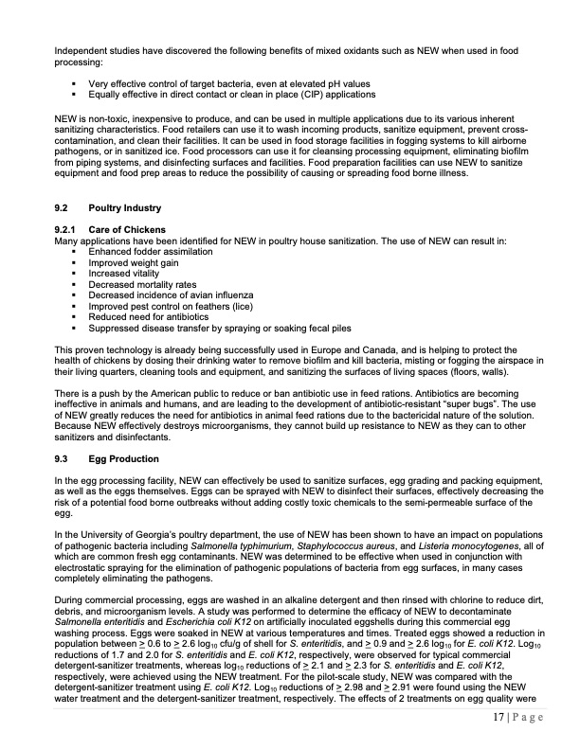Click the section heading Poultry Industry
pyautogui.click(x=124, y=208)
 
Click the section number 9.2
pyautogui.click(x=63, y=208)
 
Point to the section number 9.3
pyautogui.click(x=63, y=458)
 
